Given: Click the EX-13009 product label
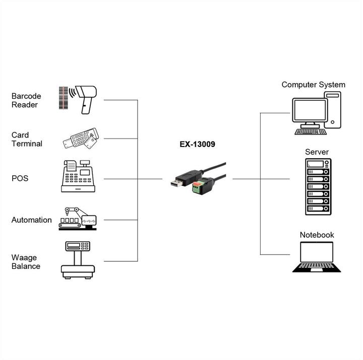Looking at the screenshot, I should coord(198,145).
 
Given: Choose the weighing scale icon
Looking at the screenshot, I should coord(78,260).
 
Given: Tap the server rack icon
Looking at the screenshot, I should coord(318,187).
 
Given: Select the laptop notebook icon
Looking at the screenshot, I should coord(313,257).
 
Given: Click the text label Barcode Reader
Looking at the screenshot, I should coord(26,100).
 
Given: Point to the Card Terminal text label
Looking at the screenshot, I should coord(27,139).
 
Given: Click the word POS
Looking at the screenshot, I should coord(20,179).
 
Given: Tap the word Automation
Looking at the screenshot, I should coord(32,220).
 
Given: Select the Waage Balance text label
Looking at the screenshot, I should coord(26,262).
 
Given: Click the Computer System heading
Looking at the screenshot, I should coord(313,85).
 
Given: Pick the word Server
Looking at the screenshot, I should coord(317,152).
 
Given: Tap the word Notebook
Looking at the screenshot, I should coord(317,235).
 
